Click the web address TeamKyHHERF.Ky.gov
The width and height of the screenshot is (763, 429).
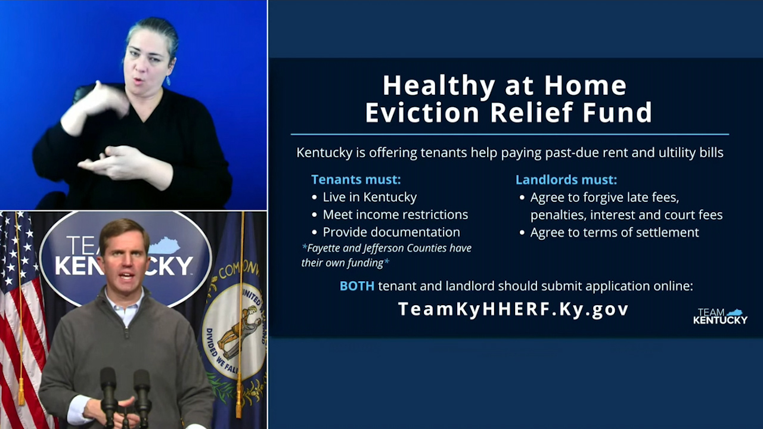513,309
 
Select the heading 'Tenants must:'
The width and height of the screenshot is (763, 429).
356,179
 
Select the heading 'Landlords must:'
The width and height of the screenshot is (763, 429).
566,179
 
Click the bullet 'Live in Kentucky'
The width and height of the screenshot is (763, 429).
370,197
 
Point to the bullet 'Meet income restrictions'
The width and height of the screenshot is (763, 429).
395,214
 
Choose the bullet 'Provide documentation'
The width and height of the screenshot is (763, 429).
391,232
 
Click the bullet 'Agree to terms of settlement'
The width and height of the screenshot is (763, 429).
614,232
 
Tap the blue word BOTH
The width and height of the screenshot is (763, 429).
356,286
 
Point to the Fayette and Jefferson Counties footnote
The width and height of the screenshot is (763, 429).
386,255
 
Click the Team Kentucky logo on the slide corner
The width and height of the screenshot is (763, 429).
720,316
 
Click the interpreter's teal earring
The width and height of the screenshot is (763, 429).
169,80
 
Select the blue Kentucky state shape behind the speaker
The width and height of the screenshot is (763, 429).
164,245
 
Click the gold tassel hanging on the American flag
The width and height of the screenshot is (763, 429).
21,390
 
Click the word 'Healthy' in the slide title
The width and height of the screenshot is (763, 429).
438,86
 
